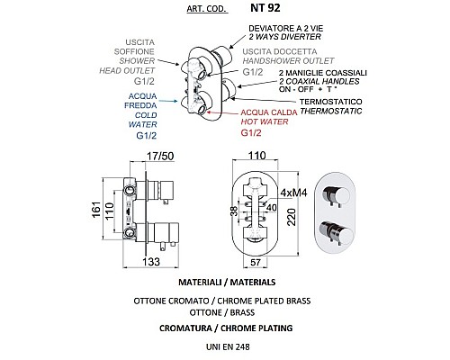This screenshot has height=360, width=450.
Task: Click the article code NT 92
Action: [265, 8]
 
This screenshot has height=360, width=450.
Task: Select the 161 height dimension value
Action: [96, 210]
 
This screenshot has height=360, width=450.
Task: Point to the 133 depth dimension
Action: [151, 262]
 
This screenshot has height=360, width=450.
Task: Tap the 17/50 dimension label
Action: [160, 157]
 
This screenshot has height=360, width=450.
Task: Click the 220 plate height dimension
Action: [292, 217]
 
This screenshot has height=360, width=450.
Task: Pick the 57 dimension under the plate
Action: [256, 262]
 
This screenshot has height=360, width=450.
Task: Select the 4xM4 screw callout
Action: [293, 193]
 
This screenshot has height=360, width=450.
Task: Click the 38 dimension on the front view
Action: [234, 211]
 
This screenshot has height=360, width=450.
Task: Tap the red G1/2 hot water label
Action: [251, 132]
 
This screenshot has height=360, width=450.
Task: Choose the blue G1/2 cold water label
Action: [147, 136]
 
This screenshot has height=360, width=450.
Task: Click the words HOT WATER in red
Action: [265, 121]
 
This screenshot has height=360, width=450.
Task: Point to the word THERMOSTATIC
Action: [331, 111]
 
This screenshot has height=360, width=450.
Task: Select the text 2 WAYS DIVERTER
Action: [284, 37]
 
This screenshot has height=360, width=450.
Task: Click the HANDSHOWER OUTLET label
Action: [288, 61]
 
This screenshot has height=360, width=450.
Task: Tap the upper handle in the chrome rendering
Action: [337, 195]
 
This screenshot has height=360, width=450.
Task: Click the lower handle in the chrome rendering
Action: [337, 233]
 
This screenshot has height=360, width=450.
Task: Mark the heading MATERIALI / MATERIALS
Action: [227, 283]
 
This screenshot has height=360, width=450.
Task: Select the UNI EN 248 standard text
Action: [228, 346]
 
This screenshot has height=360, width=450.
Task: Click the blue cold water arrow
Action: [168, 101]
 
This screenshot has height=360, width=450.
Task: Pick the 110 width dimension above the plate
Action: [257, 156]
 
